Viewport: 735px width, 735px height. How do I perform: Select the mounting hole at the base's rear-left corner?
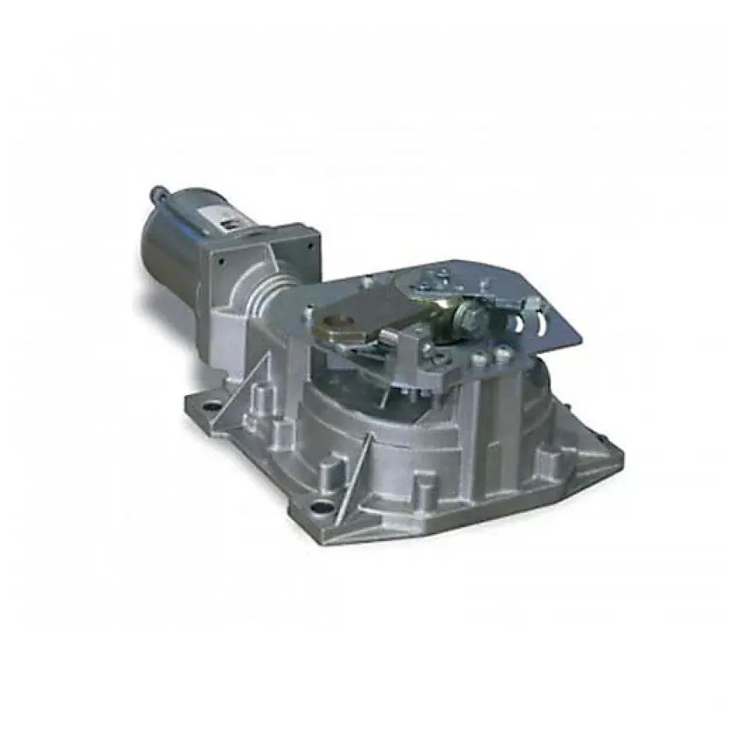[x=211, y=407]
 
